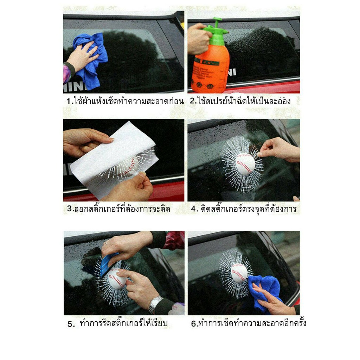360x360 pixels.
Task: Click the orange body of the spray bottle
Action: pyautogui.click(x=210, y=69)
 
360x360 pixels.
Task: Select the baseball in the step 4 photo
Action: pyautogui.click(x=245, y=164)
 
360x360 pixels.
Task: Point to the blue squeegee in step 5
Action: pyautogui.click(x=108, y=264)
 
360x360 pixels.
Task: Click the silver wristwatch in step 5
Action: pyautogui.click(x=155, y=304)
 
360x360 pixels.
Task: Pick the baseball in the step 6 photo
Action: pyautogui.click(x=239, y=273)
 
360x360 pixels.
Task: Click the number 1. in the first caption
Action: pyautogui.click(x=70, y=101)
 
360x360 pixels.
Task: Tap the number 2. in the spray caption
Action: pyautogui.click(x=193, y=101)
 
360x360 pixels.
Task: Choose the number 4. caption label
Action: pyautogui.click(x=195, y=209)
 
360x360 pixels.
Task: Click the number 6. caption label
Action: pyautogui.click(x=195, y=323)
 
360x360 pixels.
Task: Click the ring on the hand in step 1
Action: pyautogui.click(x=90, y=54)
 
